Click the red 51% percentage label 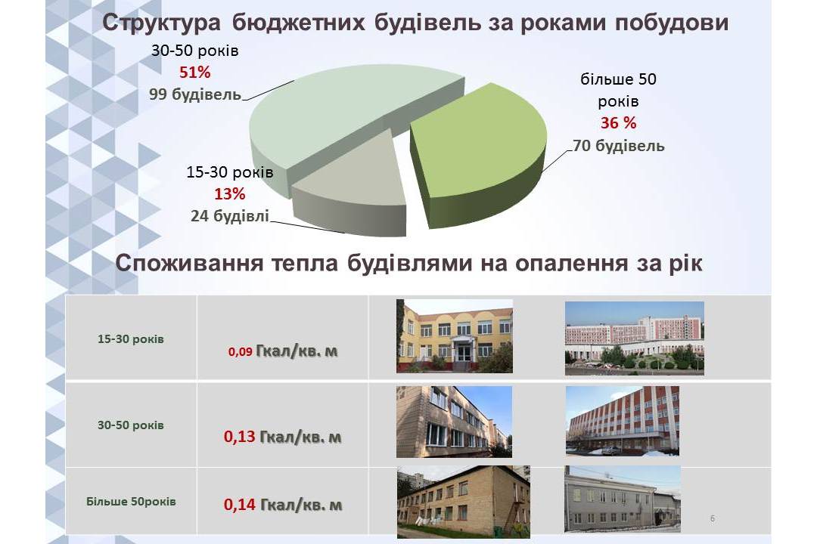coord(195,73)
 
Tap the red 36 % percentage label coord(619,123)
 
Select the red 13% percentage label coord(230,194)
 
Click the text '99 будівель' coord(195,94)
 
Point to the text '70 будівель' coord(619,145)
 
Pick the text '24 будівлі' coord(230,215)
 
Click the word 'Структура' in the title coord(162,23)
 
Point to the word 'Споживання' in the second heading coord(189,263)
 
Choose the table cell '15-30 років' coord(131,339)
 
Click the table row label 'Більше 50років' coord(131,502)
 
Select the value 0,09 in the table coord(241,352)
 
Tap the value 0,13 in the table coord(240,436)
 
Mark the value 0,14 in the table coord(240,505)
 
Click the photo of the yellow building coord(455,335)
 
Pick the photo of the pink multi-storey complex coord(635,338)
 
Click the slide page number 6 coord(713,518)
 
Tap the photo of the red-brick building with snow coord(623,421)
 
